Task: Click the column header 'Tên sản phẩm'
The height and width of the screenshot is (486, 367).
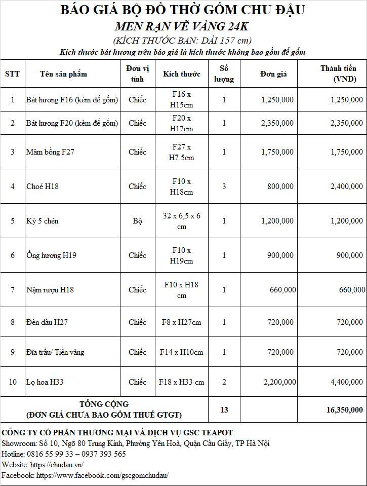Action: click(x=63, y=74)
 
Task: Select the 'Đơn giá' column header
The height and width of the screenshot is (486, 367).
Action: click(x=273, y=74)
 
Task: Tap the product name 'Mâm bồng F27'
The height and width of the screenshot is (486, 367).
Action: click(x=50, y=152)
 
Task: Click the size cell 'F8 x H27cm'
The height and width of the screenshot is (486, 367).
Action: click(x=182, y=322)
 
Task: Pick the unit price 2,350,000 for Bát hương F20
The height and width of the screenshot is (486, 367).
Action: click(x=277, y=123)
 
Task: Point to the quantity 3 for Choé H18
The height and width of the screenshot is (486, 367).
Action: click(x=224, y=186)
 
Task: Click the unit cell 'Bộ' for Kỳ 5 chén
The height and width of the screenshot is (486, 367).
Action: click(x=137, y=221)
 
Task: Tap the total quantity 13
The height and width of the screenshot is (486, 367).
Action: click(x=224, y=410)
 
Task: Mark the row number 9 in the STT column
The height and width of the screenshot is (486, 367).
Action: click(x=13, y=352)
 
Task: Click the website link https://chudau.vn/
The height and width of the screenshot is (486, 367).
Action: click(x=57, y=465)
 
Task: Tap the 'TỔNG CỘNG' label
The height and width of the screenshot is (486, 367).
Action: click(x=104, y=404)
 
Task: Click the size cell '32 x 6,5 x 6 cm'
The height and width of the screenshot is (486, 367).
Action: click(x=182, y=221)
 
